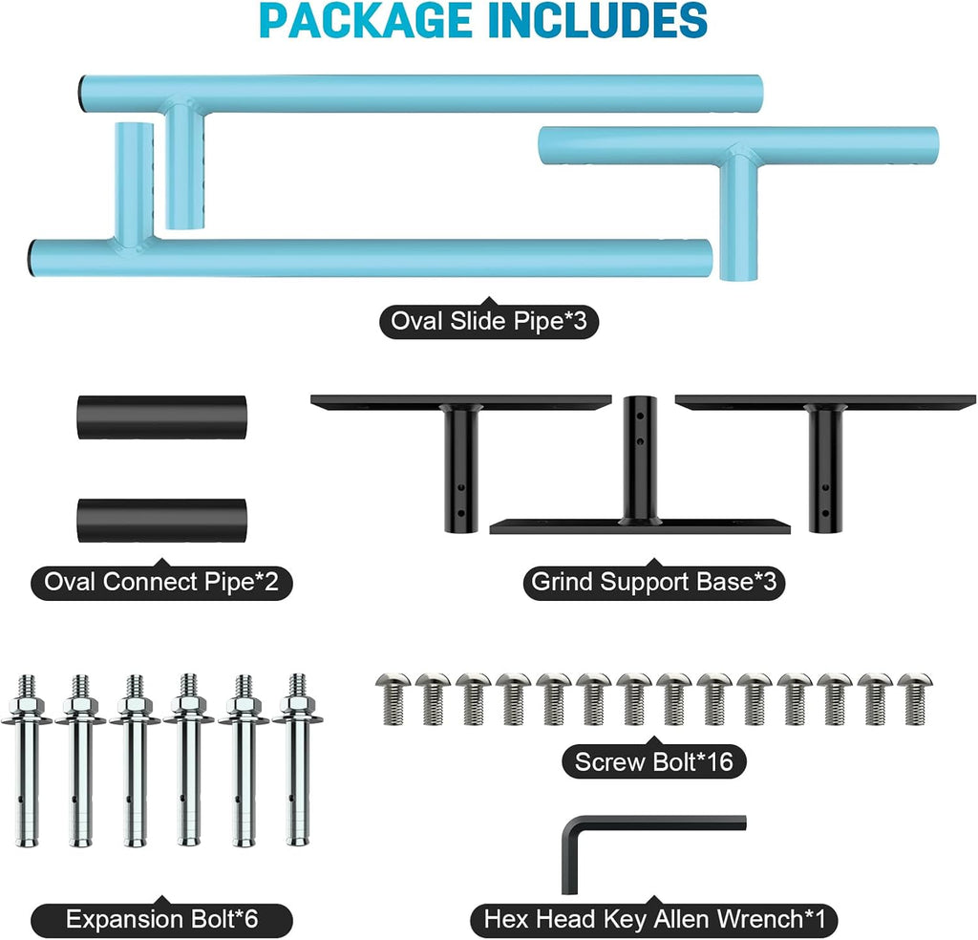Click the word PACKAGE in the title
(x=365, y=21)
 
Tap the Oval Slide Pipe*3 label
(x=489, y=321)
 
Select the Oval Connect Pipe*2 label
(x=161, y=582)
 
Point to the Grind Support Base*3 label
(x=653, y=582)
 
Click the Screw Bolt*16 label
(x=653, y=761)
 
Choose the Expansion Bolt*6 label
(x=161, y=919)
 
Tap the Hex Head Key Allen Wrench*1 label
(x=653, y=919)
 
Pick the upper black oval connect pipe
(x=161, y=417)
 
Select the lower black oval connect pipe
(x=161, y=521)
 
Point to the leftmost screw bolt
(x=393, y=699)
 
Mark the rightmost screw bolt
(x=914, y=699)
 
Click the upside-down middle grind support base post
(x=639, y=459)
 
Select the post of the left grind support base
(x=461, y=468)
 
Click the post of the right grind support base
(x=825, y=468)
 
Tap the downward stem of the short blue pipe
(x=738, y=219)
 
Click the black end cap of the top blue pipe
(x=82, y=94)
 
